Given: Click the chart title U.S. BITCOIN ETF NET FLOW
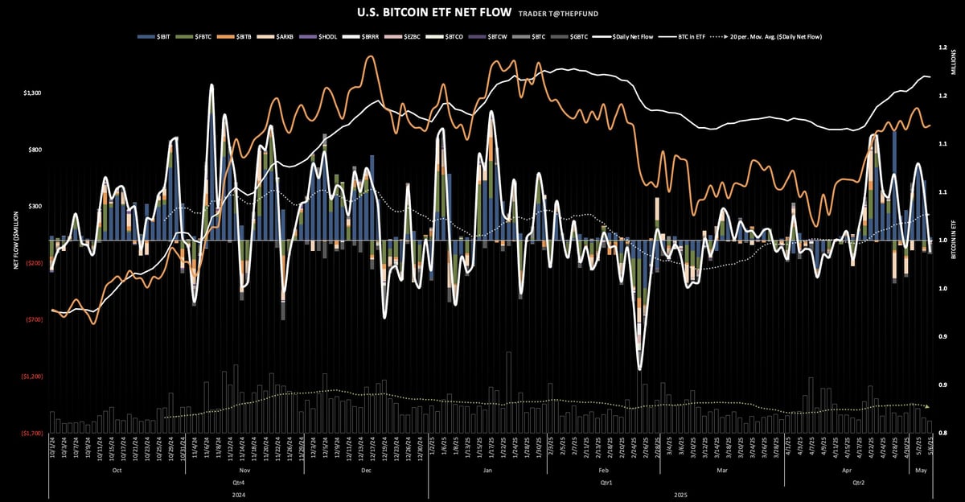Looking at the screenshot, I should click(422, 13).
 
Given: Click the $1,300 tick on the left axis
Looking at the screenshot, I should click(32, 93).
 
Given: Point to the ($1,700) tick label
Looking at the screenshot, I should click(31, 433).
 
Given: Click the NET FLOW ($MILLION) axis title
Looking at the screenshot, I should click(15, 241).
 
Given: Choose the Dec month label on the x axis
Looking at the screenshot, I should click(366, 471).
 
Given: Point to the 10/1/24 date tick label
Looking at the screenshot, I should click(51, 446).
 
